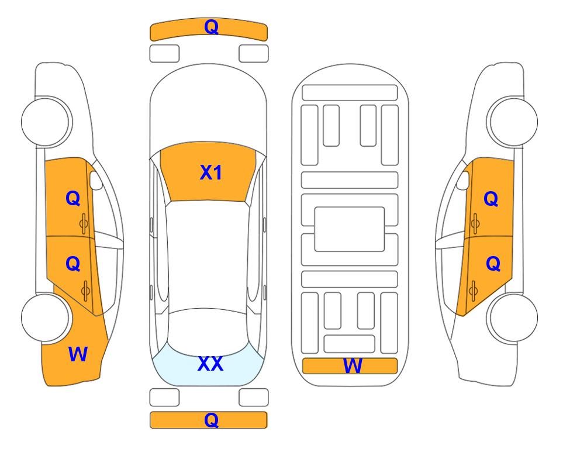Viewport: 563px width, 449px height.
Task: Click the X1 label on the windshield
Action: [x=211, y=172]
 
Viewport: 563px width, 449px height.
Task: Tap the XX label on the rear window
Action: [x=210, y=364]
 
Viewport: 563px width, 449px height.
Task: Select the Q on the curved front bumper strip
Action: [x=211, y=27]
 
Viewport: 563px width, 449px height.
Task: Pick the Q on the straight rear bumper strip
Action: [x=211, y=420]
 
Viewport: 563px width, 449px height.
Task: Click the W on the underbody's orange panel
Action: [x=352, y=366]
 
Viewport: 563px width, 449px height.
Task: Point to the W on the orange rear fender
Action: [x=78, y=354]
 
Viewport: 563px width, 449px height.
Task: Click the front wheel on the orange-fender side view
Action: [x=46, y=122]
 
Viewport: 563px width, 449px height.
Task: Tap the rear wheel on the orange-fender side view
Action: [x=45, y=318]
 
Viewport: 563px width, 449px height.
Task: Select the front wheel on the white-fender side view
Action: [x=513, y=122]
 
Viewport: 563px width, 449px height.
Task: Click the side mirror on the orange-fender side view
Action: [x=95, y=180]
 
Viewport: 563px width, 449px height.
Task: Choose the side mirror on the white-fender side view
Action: [x=463, y=180]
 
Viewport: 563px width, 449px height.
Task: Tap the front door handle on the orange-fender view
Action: [x=84, y=224]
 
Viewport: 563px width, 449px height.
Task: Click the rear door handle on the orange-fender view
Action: [x=85, y=291]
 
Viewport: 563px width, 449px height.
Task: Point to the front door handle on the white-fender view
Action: [x=475, y=224]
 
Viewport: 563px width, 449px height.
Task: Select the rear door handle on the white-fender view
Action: [x=473, y=291]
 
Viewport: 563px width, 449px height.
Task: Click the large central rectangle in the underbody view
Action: [x=350, y=229]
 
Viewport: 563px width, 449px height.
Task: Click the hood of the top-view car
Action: [x=208, y=108]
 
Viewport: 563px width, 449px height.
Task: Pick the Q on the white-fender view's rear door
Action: [x=493, y=264]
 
